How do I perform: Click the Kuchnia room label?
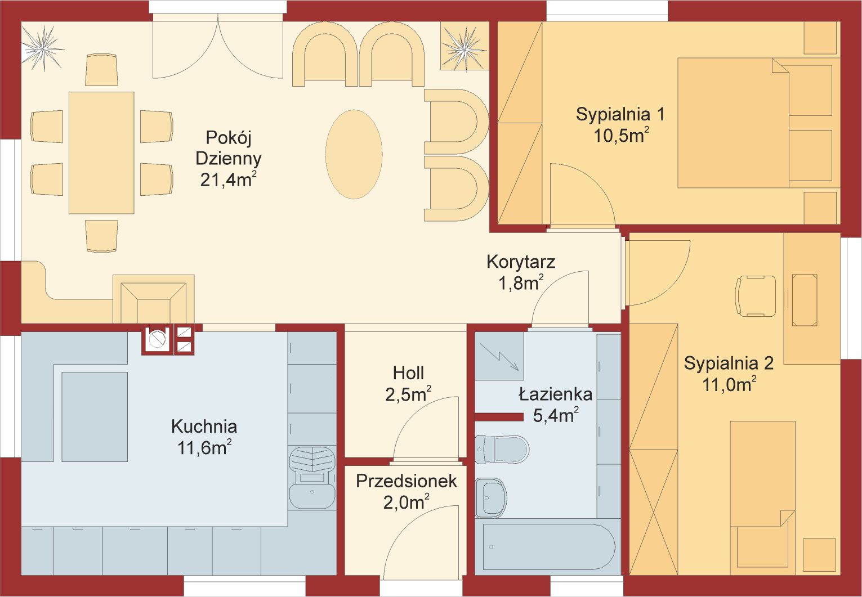pyautogui.click(x=204, y=427)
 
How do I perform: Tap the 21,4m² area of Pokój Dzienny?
pyautogui.click(x=228, y=179)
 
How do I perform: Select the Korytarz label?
pyautogui.click(x=521, y=262)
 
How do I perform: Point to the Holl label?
pyautogui.click(x=408, y=373)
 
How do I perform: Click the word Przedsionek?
pyautogui.click(x=407, y=481)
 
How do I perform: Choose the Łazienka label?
pyautogui.click(x=555, y=394)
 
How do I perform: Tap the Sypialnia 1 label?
pyautogui.click(x=620, y=114)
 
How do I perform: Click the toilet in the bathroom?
pyautogui.click(x=502, y=449)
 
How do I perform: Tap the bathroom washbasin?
pyautogui.click(x=490, y=498)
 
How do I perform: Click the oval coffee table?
pyautogui.click(x=354, y=154)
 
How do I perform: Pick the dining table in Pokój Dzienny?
pyautogui.click(x=101, y=152)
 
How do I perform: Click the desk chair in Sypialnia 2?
pyautogui.click(x=756, y=296)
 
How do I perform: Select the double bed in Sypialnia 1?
pyautogui.click(x=754, y=123)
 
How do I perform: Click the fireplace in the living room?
pyautogui.click(x=154, y=299)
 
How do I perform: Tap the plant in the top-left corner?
pyautogui.click(x=42, y=48)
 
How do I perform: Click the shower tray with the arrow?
pyautogui.click(x=499, y=356)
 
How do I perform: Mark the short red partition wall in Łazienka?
pyautogui.click(x=499, y=417)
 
